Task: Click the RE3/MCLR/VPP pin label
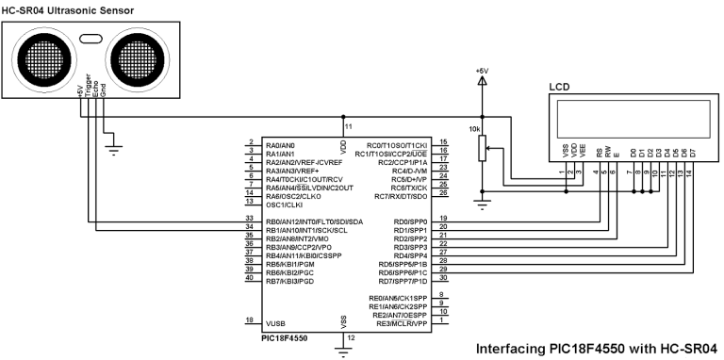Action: pos(401,322)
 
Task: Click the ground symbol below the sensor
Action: pos(114,147)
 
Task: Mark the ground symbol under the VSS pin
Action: pos(344,350)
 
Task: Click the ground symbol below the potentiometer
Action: pos(483,201)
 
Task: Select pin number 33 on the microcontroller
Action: pos(249,219)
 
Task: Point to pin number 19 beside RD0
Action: pos(442,219)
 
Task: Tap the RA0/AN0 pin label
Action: pos(281,144)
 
